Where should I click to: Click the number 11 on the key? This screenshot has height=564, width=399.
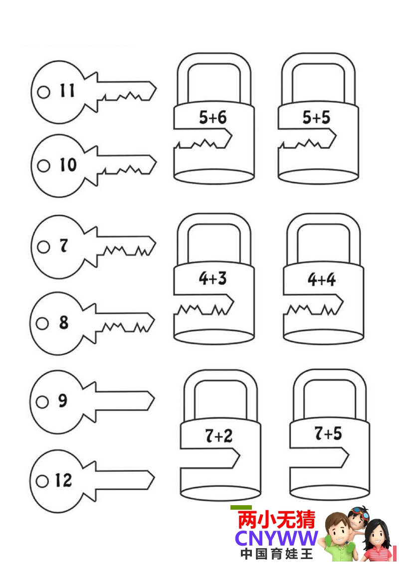[67, 91]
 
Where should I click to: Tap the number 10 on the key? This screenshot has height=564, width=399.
[68, 165]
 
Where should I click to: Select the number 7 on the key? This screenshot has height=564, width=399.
[63, 246]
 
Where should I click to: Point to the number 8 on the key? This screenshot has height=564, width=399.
[63, 323]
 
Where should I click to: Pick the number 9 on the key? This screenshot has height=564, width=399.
[62, 401]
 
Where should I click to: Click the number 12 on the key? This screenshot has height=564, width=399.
[63, 480]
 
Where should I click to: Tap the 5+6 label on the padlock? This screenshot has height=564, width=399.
[213, 118]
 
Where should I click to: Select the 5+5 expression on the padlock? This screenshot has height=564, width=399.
[316, 118]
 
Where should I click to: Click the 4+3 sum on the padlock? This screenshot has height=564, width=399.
[212, 279]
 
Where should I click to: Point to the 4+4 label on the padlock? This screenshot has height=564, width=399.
[322, 280]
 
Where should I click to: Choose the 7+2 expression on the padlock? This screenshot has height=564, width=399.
[218, 436]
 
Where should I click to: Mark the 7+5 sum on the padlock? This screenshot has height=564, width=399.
[328, 433]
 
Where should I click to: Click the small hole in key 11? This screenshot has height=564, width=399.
[44, 92]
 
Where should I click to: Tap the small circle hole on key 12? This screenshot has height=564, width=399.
[43, 481]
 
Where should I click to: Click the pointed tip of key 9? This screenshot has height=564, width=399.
[153, 400]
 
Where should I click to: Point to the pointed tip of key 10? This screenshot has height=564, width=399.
[155, 162]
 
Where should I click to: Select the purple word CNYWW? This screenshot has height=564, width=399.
[276, 538]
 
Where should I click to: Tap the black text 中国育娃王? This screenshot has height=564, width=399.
[276, 554]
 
